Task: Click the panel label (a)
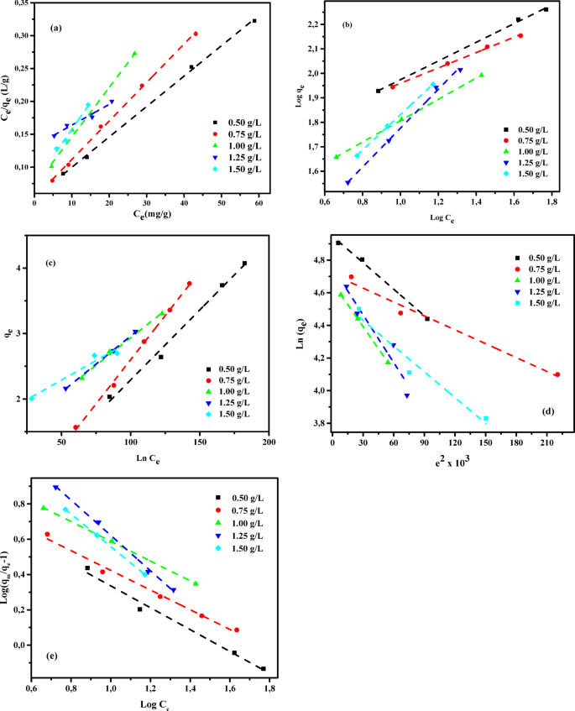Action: pyautogui.click(x=56, y=29)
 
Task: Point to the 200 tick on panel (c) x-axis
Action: pyautogui.click(x=268, y=442)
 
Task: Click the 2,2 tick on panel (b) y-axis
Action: pyautogui.click(x=315, y=25)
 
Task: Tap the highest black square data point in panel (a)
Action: pyautogui.click(x=254, y=21)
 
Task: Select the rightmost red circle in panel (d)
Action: pyautogui.click(x=557, y=374)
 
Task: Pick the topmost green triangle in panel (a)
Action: pyautogui.click(x=135, y=54)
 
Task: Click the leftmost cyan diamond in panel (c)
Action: pyautogui.click(x=31, y=399)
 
